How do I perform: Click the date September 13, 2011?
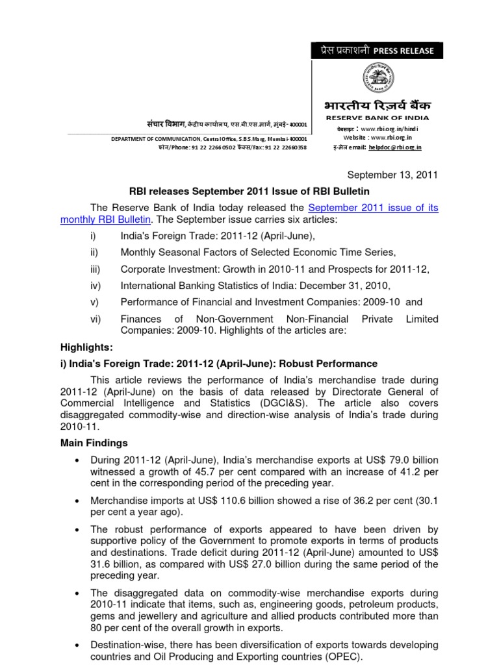click(x=393, y=175)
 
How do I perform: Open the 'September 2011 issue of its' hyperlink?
click(x=373, y=207)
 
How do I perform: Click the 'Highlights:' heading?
click(x=86, y=347)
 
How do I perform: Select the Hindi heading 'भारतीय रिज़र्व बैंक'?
click(x=377, y=105)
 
